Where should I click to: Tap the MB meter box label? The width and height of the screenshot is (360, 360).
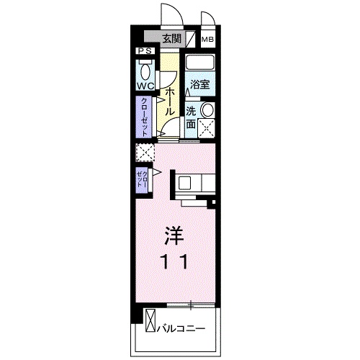click(207, 40)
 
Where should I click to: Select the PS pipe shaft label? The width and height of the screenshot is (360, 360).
click(145, 51)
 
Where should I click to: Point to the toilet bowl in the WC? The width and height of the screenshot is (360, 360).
click(145, 71)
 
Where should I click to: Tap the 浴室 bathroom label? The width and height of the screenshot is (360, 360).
click(200, 85)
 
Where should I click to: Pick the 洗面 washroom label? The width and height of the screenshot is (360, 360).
click(192, 117)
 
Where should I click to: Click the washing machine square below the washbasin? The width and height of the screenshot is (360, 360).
click(207, 130)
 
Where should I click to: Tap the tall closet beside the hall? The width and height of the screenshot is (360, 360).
click(145, 117)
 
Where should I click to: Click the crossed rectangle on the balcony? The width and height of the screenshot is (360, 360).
click(150, 320)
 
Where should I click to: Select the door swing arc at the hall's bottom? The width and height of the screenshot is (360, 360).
click(167, 132)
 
